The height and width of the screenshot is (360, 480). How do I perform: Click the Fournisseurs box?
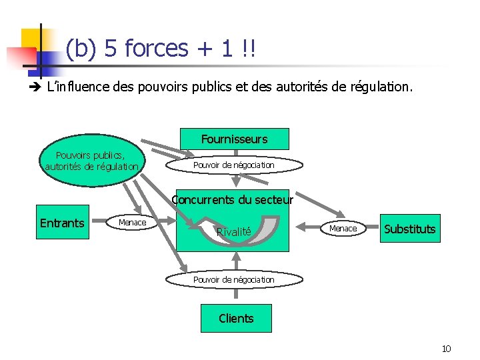coord(235,139)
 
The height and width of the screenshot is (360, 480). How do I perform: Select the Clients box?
coord(236,318)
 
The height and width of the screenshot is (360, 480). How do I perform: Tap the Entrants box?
coord(62,223)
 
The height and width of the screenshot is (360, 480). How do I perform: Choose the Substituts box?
coord(410,229)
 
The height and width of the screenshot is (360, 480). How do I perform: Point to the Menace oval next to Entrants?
coord(132,222)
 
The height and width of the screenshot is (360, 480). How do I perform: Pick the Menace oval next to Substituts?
coord(343,229)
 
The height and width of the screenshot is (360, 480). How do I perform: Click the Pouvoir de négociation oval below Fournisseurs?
coord(233,165)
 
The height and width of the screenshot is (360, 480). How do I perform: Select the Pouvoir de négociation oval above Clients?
coord(233,279)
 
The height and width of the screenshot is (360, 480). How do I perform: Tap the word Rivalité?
coord(233,232)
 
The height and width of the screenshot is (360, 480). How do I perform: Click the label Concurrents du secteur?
coord(232,199)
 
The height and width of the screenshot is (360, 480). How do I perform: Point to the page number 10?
coord(446,349)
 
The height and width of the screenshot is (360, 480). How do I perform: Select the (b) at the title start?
coord(80,49)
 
